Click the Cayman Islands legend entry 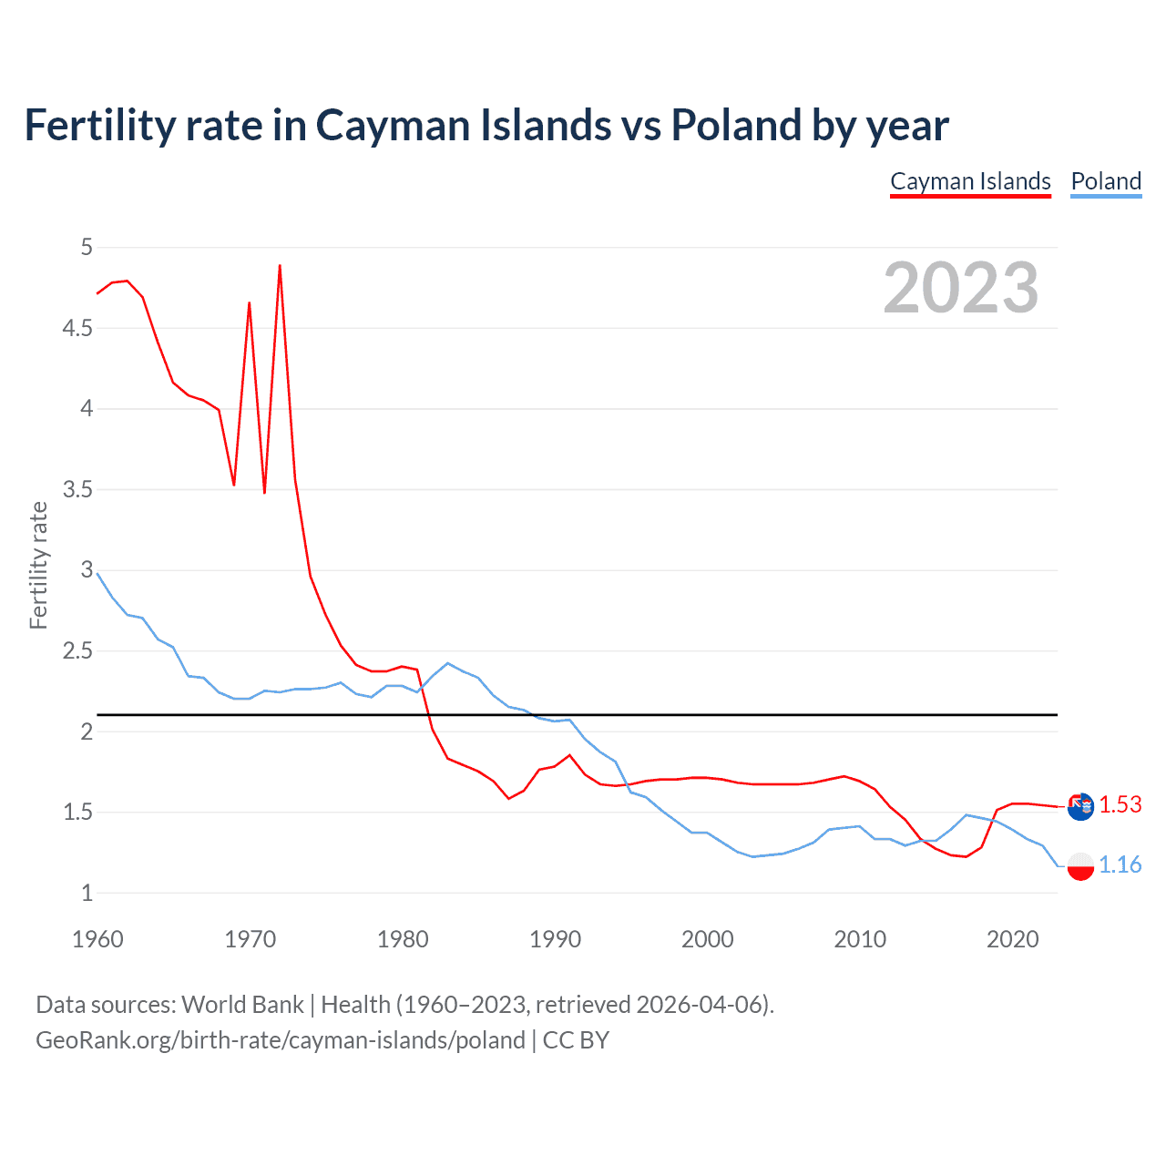point(970,181)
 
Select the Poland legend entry point(1106,181)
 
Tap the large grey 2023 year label point(960,288)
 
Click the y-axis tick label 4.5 point(77,328)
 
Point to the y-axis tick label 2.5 point(77,651)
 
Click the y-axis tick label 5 point(87,247)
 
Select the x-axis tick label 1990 point(555,939)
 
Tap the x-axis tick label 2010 point(859,939)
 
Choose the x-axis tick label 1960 point(97,939)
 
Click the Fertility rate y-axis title point(38,565)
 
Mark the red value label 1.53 point(1120,804)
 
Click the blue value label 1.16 point(1120,864)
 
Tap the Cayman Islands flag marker point(1080,806)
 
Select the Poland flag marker point(1080,865)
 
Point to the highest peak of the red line point(280,266)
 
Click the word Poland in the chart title point(736,125)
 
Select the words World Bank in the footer point(242,1005)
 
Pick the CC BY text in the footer point(576,1040)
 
